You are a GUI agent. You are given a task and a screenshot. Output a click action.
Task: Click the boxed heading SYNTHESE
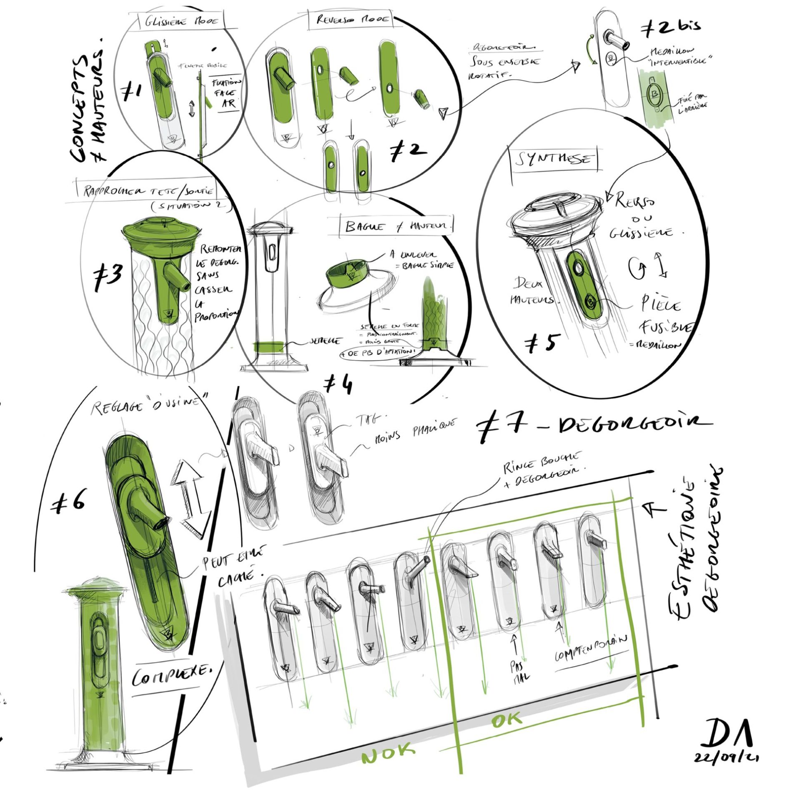point(554,160)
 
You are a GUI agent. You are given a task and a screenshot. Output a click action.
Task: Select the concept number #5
point(541,343)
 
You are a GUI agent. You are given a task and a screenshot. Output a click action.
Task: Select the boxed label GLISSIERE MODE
point(181,22)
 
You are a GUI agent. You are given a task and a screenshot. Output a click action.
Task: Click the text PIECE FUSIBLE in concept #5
point(663,317)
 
